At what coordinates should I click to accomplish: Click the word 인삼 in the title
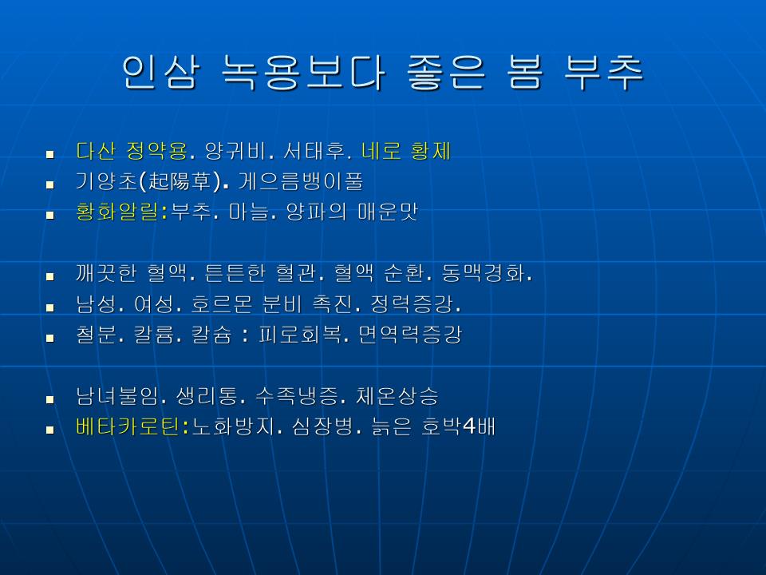pos(160,73)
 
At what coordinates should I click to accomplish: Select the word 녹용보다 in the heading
pos(303,73)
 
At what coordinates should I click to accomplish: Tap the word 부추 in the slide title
pos(604,73)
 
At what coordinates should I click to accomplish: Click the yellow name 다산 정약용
pos(132,151)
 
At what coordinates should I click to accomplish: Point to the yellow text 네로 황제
pos(405,151)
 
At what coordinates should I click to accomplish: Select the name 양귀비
pos(235,151)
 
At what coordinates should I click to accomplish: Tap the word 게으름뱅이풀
pos(301,182)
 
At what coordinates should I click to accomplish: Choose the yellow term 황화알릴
pos(117,212)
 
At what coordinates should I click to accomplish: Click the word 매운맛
pos(388,212)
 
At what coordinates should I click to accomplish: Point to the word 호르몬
pos(221,304)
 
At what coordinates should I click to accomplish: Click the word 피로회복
pos(299,335)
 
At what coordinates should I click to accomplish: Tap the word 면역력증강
pos(410,335)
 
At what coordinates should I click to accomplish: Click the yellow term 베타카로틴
pos(128,426)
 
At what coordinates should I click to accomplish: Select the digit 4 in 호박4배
pos(469,426)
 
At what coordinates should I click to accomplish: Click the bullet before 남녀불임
pos(49,399)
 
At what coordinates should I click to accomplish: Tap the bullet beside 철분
pos(49,338)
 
